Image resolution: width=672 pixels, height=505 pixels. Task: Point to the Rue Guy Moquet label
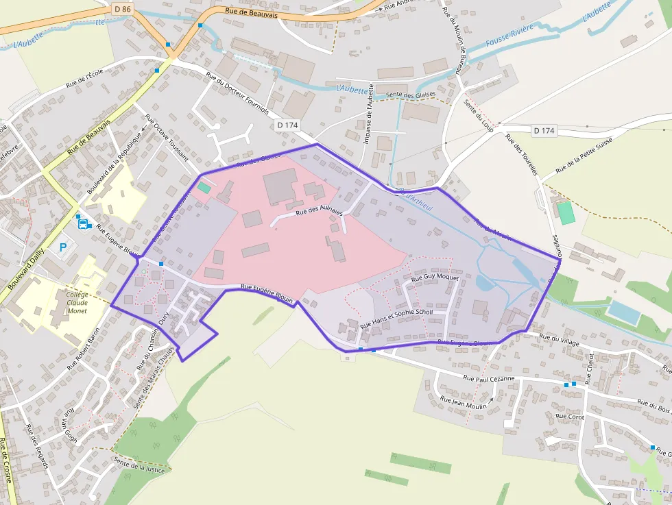coord(435,278)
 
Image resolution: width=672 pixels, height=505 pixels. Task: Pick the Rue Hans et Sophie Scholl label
coord(396,317)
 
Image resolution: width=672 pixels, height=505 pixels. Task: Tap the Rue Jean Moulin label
coord(463,403)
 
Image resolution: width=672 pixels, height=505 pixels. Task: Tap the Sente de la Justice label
coord(141,466)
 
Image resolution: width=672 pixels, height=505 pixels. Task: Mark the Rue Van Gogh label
coord(71,427)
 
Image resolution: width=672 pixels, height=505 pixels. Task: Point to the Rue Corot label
coord(569,416)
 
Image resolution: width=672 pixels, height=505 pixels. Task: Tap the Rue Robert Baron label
coord(83,348)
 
